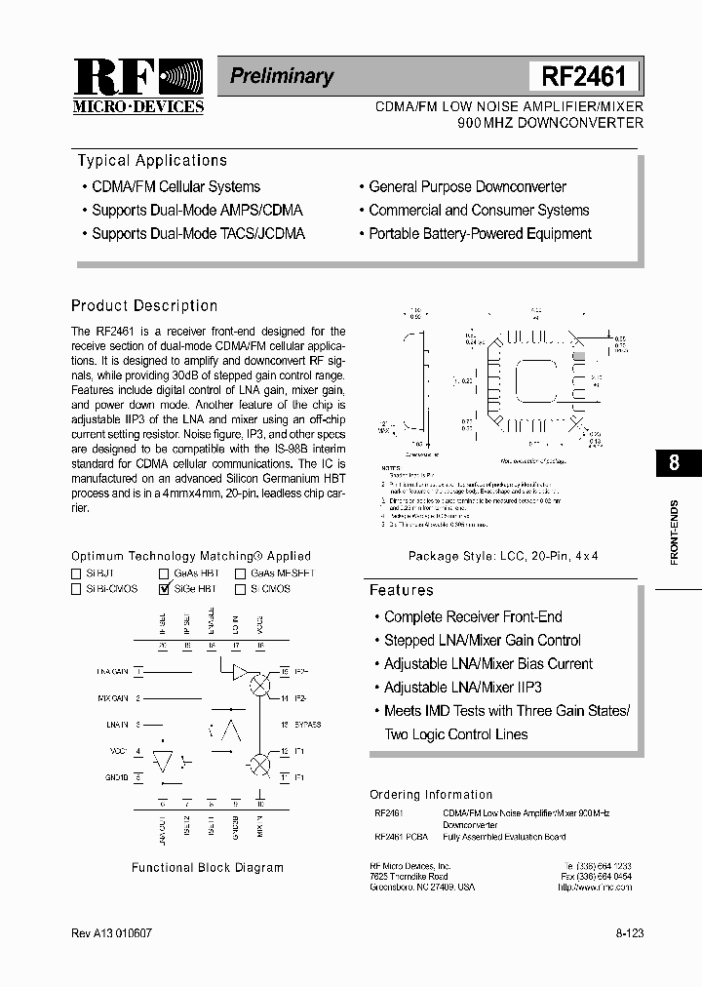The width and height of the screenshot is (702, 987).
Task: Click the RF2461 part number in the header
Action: coord(583,76)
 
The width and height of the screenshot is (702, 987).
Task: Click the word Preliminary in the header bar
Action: coord(282,76)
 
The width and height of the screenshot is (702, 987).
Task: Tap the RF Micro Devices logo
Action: coord(137,86)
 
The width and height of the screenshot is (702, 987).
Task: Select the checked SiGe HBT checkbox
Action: coord(164,589)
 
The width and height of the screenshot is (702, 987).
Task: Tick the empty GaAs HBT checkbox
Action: coord(164,573)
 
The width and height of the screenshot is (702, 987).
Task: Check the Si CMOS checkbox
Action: coord(240,589)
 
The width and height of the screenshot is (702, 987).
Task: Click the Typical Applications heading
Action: coord(152,161)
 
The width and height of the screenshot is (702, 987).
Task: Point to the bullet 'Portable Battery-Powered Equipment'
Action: coord(480,234)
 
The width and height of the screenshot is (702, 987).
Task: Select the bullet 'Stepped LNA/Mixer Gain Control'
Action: coord(482,641)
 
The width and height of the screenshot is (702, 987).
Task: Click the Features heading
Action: coord(401,590)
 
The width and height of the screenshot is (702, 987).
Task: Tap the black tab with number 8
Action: coord(674,462)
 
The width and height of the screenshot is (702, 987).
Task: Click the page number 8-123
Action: coord(629,933)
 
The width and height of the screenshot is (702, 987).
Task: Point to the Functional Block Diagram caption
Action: coord(208,867)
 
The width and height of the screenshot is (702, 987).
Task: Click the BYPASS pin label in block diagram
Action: coord(306,725)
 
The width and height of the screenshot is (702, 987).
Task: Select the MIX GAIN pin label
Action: coord(113,698)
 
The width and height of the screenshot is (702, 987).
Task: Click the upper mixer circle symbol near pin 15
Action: coord(259,686)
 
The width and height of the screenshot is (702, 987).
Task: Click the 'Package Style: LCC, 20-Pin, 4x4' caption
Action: coord(502,556)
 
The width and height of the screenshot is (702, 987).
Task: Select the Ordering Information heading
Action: coord(431,795)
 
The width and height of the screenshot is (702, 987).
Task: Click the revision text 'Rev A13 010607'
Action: coord(111,933)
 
